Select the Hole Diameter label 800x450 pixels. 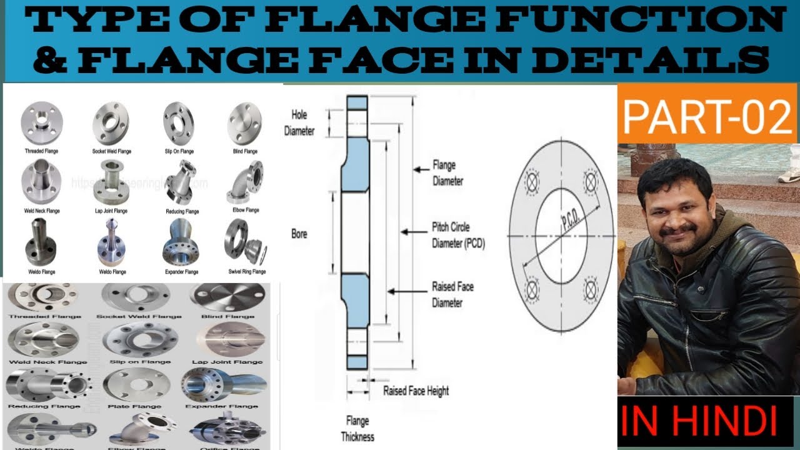pos(299,122)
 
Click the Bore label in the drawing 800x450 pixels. pos(299,234)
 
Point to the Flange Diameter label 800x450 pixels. pos(448,173)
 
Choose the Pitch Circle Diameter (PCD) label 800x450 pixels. pos(458,235)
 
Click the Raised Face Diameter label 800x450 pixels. pos(452,294)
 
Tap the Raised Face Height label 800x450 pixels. pos(416,391)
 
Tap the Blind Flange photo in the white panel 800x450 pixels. pos(244,122)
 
